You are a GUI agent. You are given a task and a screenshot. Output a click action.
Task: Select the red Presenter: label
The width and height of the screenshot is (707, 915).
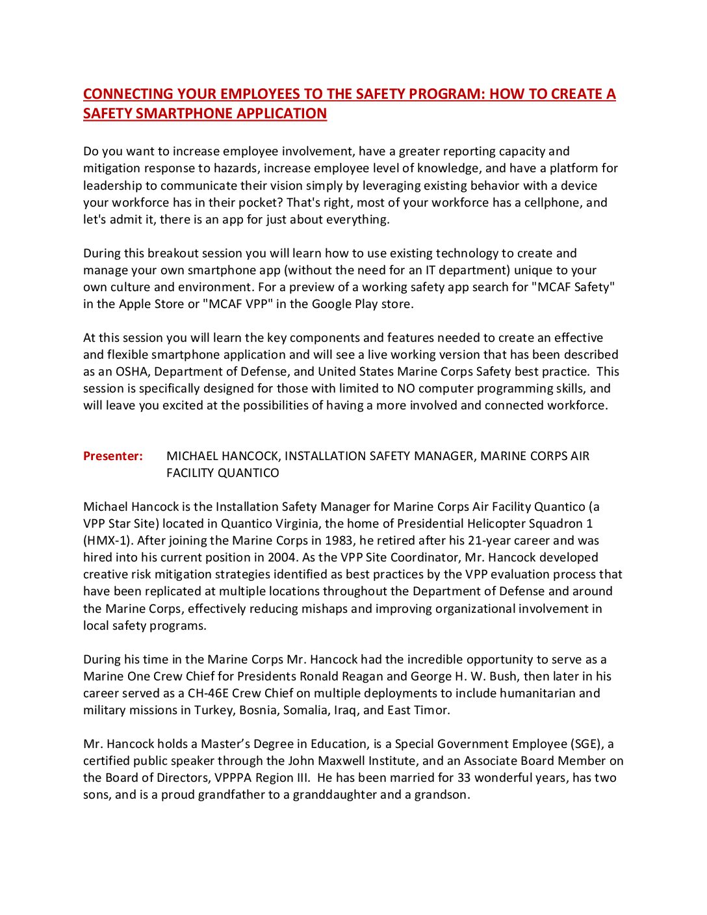click(113, 456)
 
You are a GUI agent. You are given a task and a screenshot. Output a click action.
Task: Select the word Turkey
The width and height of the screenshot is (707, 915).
click(214, 710)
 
